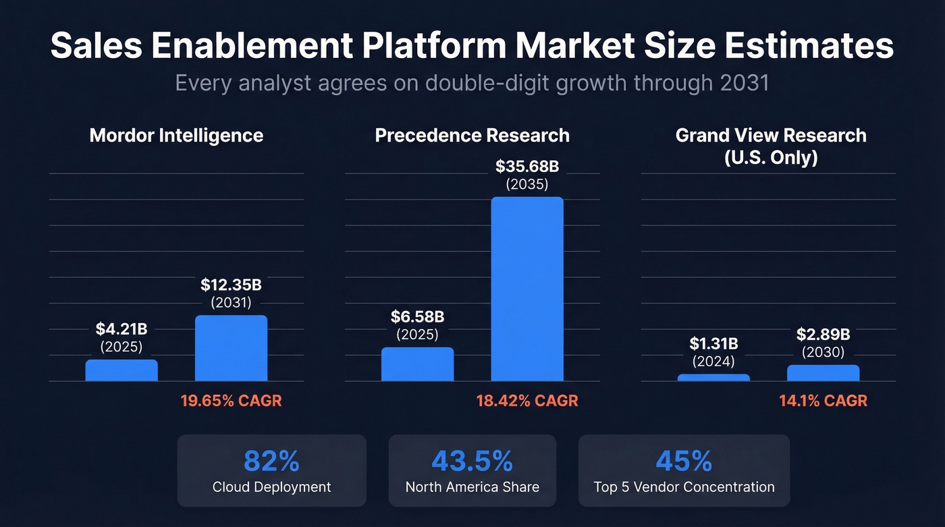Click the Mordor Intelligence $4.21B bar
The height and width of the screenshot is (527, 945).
point(122,370)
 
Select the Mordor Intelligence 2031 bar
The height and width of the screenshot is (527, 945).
point(231,348)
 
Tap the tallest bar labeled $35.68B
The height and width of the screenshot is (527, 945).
point(526,289)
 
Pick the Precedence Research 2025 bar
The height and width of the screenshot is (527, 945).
point(417,364)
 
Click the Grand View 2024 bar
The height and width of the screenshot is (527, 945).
point(713,377)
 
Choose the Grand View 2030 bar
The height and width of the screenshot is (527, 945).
point(823,373)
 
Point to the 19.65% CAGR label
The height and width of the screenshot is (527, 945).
point(231,401)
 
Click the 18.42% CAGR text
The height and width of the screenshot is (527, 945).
point(527,401)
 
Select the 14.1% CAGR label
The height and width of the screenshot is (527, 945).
point(823,401)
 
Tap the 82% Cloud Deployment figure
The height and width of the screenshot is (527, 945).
point(271,462)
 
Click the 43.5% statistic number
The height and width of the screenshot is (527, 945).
point(472,462)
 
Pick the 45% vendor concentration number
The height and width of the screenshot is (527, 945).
point(684,462)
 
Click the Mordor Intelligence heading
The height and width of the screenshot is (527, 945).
point(176,136)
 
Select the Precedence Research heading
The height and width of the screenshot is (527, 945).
point(472,136)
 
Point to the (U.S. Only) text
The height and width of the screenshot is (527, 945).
point(770,158)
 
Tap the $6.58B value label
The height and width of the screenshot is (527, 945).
point(417,316)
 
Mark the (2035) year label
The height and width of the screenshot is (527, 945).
point(526,184)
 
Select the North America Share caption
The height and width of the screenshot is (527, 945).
point(472,487)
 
